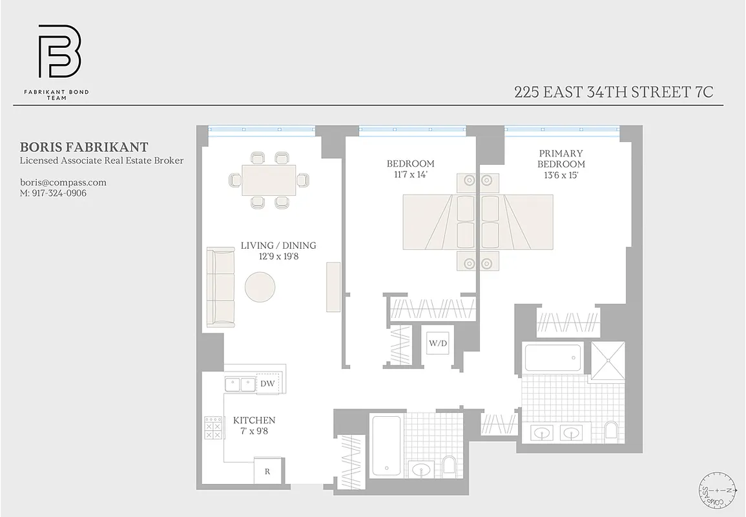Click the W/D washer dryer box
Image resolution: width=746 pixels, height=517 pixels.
click(438, 343)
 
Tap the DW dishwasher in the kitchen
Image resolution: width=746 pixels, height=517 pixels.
click(267, 384)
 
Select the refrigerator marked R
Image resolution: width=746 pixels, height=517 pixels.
click(267, 471)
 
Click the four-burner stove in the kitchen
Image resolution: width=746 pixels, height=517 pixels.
click(212, 427)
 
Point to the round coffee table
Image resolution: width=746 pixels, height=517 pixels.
click(260, 286)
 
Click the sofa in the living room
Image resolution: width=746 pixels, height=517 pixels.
click(220, 288)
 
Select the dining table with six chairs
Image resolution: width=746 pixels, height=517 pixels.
click(269, 180)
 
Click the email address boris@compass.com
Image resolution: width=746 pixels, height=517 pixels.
click(63, 182)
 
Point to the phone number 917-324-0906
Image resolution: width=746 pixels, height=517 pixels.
click(54, 193)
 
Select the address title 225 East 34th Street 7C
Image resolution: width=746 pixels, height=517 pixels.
click(614, 92)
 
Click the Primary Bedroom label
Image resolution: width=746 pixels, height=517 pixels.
click(561, 159)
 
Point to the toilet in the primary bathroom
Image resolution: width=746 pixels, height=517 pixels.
click(610, 431)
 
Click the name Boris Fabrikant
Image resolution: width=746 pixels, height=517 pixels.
click(85, 147)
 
